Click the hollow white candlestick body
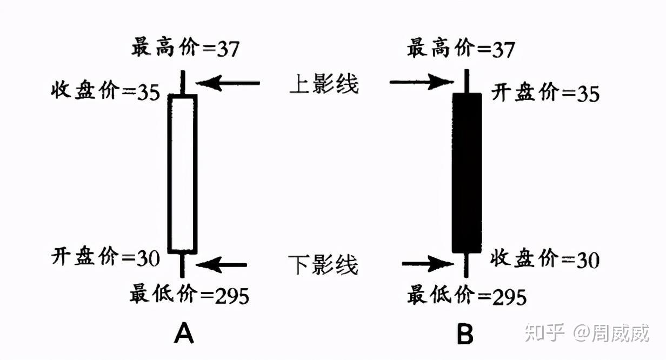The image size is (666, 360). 182,174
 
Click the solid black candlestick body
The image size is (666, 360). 466,173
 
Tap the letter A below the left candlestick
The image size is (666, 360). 184,334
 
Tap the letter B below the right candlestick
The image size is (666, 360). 465,334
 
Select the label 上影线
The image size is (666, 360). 324,84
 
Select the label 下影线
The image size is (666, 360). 324,265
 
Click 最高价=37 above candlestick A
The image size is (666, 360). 185,49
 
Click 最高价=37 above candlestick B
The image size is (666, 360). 461,49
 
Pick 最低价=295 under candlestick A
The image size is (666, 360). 189,295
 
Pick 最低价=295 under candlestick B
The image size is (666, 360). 467,296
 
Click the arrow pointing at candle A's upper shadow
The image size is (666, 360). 228,83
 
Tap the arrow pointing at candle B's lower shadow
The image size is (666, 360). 427,264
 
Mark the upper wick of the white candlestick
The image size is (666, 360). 183,83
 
